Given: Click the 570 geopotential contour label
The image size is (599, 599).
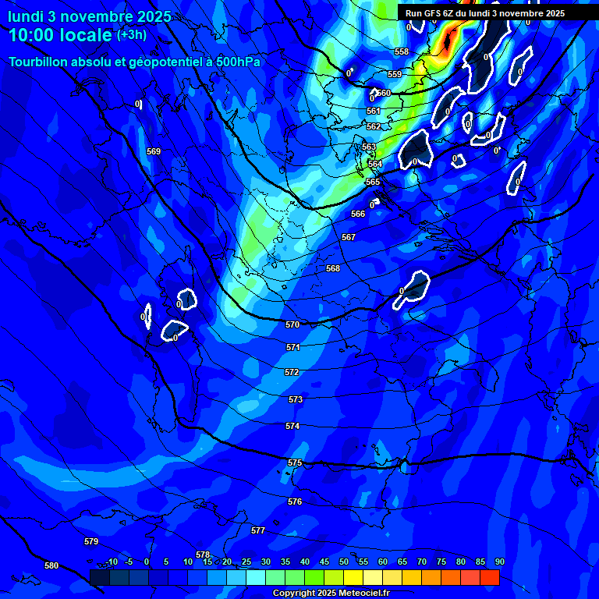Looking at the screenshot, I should [x=292, y=324].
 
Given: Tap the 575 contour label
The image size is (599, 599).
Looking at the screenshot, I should [x=294, y=463].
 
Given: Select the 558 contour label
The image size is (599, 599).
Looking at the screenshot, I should [x=402, y=51].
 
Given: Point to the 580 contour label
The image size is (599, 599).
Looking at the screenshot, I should [x=51, y=565].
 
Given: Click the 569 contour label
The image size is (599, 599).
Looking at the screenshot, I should [x=154, y=151].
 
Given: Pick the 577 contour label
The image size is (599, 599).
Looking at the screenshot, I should [x=258, y=530].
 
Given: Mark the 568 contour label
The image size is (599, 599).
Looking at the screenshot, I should [x=333, y=268].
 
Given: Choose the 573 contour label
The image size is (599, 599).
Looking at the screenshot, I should [x=296, y=399].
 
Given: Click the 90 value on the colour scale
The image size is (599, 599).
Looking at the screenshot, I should [x=499, y=562].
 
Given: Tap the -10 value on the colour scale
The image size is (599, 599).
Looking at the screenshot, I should [x=112, y=562].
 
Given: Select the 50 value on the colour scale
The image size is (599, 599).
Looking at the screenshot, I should [x=344, y=562].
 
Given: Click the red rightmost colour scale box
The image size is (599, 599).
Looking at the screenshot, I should [x=490, y=577].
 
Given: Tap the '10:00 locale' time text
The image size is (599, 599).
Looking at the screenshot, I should [x=60, y=35].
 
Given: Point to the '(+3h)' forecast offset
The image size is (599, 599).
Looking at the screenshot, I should [x=132, y=35].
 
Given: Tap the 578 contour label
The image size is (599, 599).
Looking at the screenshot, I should [x=203, y=555].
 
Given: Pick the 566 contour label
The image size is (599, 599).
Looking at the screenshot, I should [x=358, y=214].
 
